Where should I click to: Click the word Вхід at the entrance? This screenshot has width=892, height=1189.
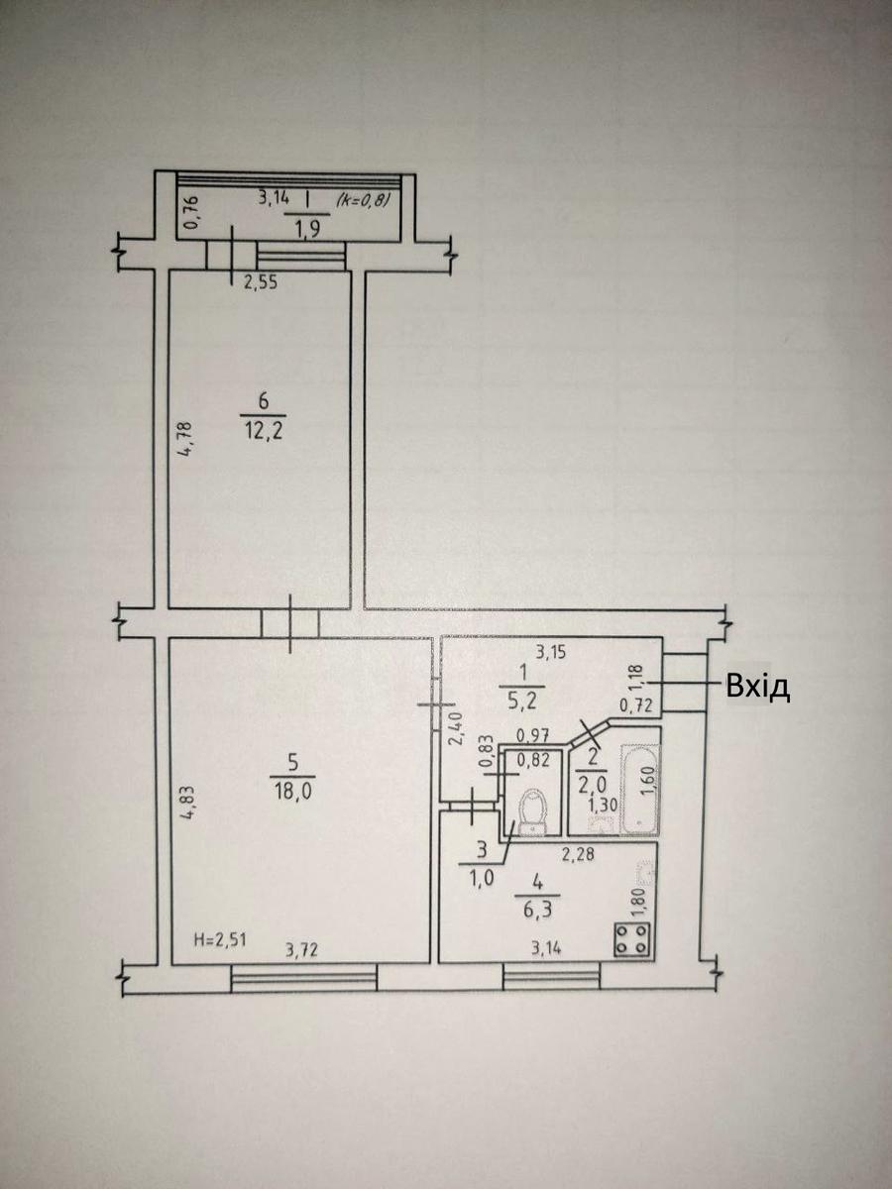coord(757,688)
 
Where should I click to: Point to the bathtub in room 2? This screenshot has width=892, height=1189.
coord(639,790)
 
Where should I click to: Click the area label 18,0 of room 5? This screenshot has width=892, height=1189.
coord(292,792)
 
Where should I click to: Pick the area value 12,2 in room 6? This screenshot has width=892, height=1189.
coord(264,431)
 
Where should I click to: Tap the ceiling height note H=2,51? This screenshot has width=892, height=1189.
coord(220,939)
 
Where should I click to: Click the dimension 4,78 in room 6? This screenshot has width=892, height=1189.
coord(187,439)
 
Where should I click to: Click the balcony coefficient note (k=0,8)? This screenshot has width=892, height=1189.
coord(363,201)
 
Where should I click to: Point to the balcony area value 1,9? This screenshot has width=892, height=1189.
coord(307,230)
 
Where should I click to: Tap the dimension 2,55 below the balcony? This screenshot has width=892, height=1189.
coord(261,282)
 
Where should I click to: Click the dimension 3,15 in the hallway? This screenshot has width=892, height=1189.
coord(551,652)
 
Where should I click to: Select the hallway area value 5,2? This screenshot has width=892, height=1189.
coord(522,702)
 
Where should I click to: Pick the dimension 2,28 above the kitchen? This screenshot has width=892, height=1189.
coord(579,855)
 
